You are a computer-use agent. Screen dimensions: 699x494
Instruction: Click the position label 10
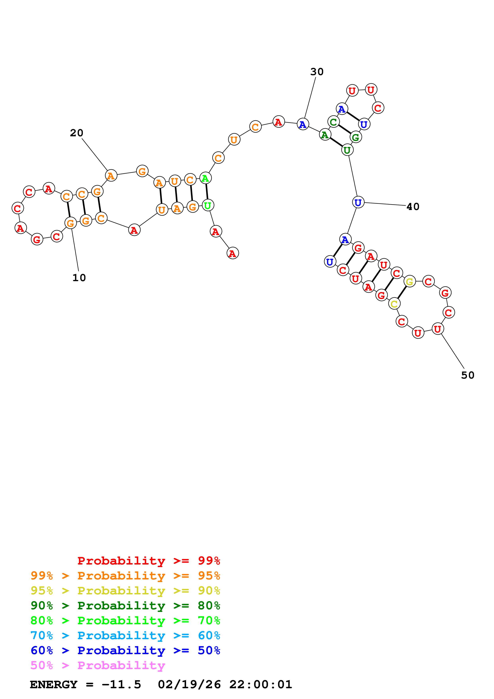click(79, 278)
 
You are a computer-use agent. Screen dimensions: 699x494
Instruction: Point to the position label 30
click(317, 72)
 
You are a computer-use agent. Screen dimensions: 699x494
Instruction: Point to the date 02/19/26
click(189, 684)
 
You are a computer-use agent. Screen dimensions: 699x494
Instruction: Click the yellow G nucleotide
click(410, 282)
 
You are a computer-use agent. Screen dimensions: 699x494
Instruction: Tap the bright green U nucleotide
click(208, 205)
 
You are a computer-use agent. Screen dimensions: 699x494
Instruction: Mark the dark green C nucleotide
click(334, 122)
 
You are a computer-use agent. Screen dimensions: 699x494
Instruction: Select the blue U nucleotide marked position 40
click(358, 202)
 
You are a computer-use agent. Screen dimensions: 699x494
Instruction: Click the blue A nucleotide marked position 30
click(302, 124)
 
